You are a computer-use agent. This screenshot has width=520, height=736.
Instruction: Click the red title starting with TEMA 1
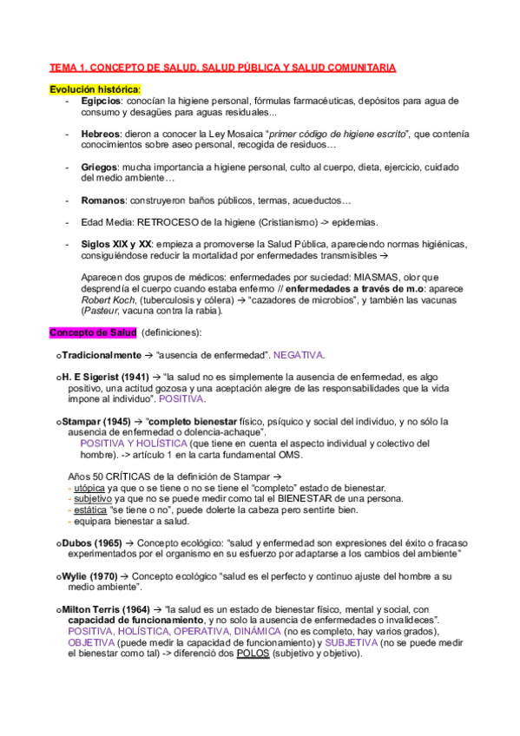pyautogui.click(x=222, y=67)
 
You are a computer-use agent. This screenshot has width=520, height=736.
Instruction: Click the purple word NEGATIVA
pyautogui.click(x=299, y=355)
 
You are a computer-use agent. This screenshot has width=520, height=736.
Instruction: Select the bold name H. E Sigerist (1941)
pyautogui.click(x=104, y=378)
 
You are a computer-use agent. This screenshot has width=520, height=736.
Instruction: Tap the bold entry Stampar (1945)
pyautogui.click(x=96, y=421)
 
